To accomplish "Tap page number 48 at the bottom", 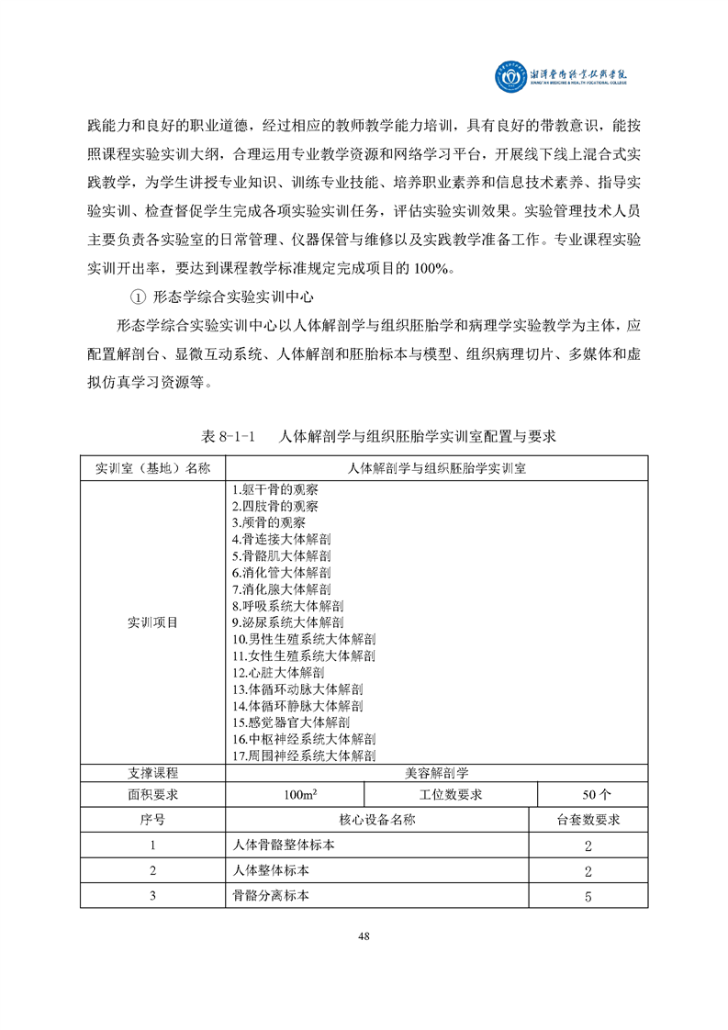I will pyautogui.click(x=364, y=935).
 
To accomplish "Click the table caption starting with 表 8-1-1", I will pyautogui.click(x=377, y=435).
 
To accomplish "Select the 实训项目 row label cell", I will pyautogui.click(x=152, y=621).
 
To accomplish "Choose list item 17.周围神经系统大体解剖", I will pyautogui.click(x=304, y=756).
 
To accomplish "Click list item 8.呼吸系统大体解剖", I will pyautogui.click(x=287, y=606).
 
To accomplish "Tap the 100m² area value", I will pyautogui.click(x=295, y=794).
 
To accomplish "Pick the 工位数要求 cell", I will pyautogui.click(x=451, y=794).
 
